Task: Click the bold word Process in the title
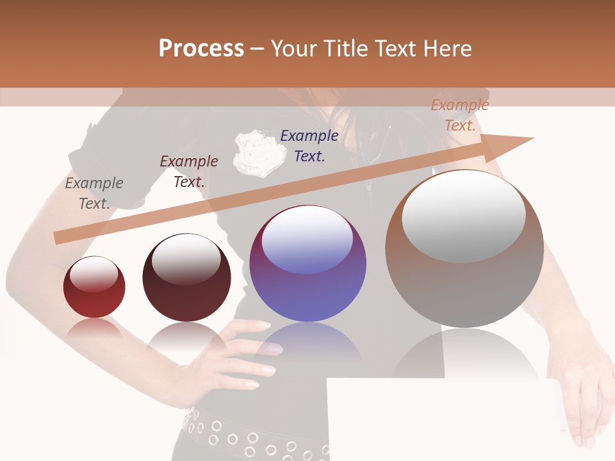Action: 201,49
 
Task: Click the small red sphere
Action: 94,287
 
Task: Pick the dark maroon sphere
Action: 186,278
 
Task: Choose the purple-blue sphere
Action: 307,264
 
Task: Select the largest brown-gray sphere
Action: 464,249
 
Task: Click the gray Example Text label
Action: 94,193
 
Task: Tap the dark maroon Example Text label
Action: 188,172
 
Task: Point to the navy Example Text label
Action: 309,145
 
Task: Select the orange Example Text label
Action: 459,115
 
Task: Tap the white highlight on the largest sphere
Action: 463,214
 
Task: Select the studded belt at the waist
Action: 250,435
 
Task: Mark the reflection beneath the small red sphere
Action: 94,330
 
